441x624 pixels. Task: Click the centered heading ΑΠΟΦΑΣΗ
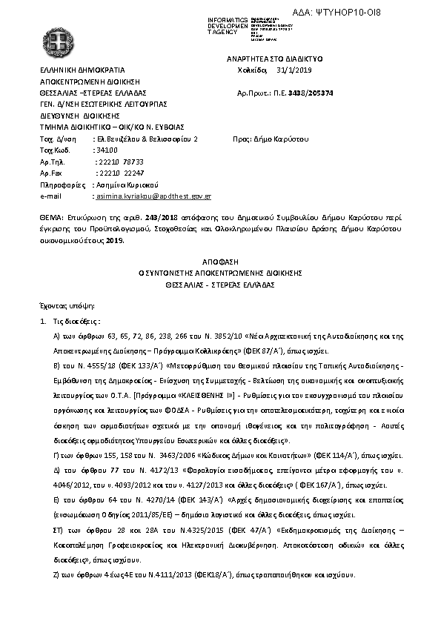pos(220,262)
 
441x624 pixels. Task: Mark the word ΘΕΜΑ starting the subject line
pos(50,220)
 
